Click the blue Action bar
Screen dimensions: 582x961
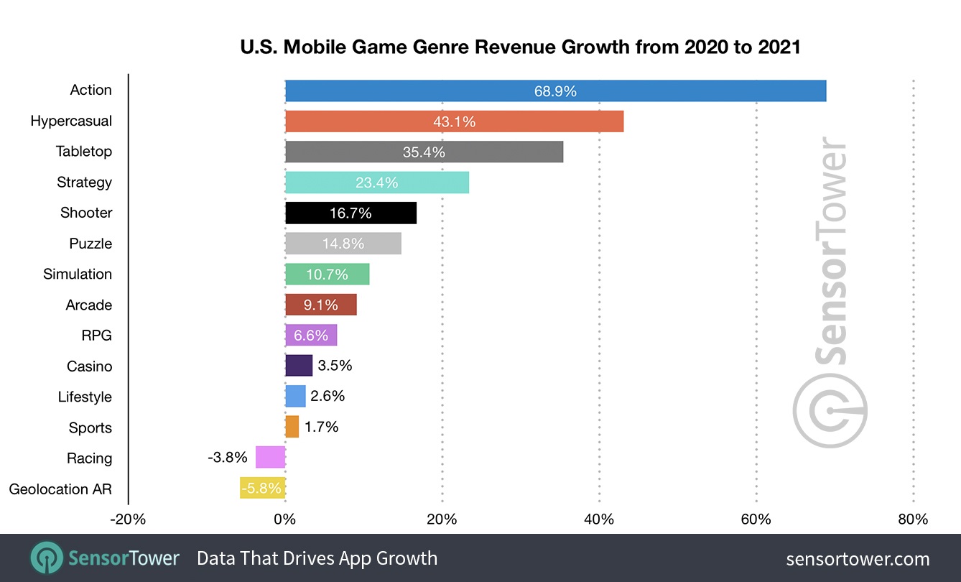pyautogui.click(x=555, y=91)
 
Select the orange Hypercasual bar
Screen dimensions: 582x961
pyautogui.click(x=454, y=121)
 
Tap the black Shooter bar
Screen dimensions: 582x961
pyautogui.click(x=350, y=213)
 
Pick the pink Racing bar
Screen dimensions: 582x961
pyautogui.click(x=271, y=458)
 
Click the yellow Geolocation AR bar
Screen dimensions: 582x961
pyautogui.click(x=263, y=489)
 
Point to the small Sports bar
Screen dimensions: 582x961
pyautogui.click(x=292, y=427)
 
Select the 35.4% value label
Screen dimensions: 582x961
pyautogui.click(x=424, y=152)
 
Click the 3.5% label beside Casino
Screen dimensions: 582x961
pyautogui.click(x=335, y=366)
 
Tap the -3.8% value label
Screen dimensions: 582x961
pyautogui.click(x=228, y=458)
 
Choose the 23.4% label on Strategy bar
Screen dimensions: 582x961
pyautogui.click(x=376, y=183)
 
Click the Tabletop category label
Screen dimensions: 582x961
pyautogui.click(x=84, y=152)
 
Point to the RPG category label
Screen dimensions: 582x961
pyautogui.click(x=96, y=336)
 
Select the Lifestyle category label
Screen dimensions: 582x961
pyautogui.click(x=85, y=397)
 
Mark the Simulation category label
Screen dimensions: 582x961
pyautogui.click(x=78, y=274)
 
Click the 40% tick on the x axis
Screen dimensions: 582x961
pyautogui.click(x=599, y=519)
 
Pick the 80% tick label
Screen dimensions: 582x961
pyautogui.click(x=913, y=519)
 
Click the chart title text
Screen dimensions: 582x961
pyautogui.click(x=520, y=48)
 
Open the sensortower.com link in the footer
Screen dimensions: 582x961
pyautogui.click(x=858, y=559)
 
